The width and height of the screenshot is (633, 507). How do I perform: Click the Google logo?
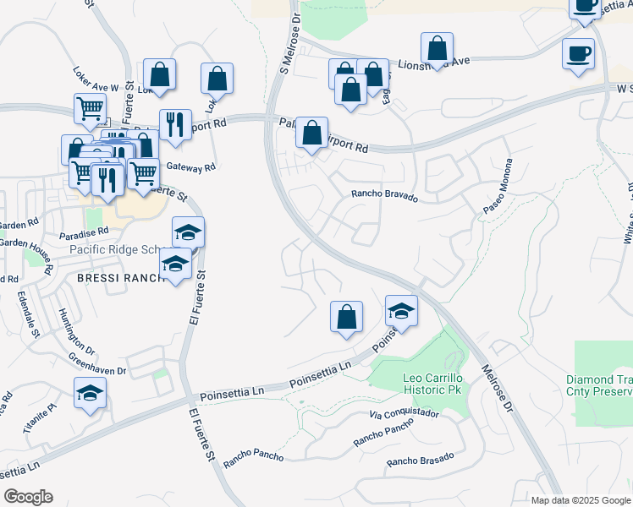[28, 497]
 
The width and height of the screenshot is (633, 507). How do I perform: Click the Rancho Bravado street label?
[385, 196]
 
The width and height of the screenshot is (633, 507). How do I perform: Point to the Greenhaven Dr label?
[97, 365]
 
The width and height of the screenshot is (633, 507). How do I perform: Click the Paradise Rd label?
[85, 230]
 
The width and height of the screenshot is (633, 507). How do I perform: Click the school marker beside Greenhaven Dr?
[91, 393]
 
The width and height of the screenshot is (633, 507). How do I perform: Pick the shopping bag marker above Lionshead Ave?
[437, 48]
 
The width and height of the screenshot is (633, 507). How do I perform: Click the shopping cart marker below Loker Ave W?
[91, 109]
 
